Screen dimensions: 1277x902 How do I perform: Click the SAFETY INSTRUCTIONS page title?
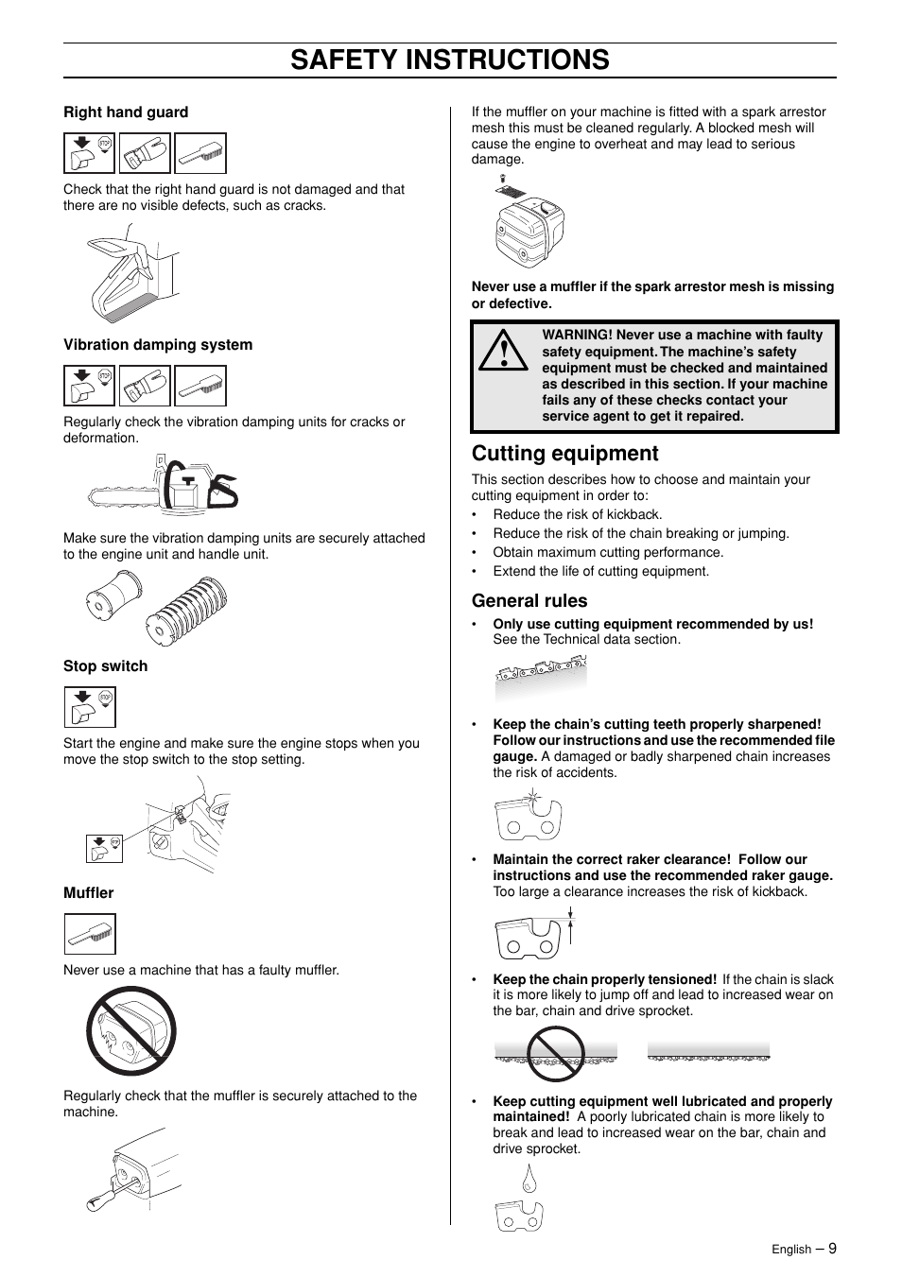(450, 60)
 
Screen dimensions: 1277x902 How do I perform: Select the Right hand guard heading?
(126, 112)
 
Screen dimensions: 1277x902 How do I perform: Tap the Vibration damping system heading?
(158, 345)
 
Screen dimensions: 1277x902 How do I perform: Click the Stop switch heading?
(105, 666)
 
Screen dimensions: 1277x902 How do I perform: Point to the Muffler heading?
(88, 893)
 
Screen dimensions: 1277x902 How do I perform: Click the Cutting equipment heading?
(564, 454)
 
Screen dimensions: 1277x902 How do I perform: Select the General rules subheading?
(529, 601)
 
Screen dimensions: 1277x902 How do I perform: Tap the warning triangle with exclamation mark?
(503, 351)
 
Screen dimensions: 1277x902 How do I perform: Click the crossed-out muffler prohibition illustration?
(131, 1031)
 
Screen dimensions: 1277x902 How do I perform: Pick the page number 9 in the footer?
(832, 1248)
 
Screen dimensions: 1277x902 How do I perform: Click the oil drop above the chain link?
(529, 1178)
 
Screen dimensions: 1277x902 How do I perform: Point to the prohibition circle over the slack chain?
(556, 1053)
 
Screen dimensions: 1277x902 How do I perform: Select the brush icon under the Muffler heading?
(90, 934)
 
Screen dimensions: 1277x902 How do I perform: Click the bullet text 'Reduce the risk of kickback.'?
(577, 515)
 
